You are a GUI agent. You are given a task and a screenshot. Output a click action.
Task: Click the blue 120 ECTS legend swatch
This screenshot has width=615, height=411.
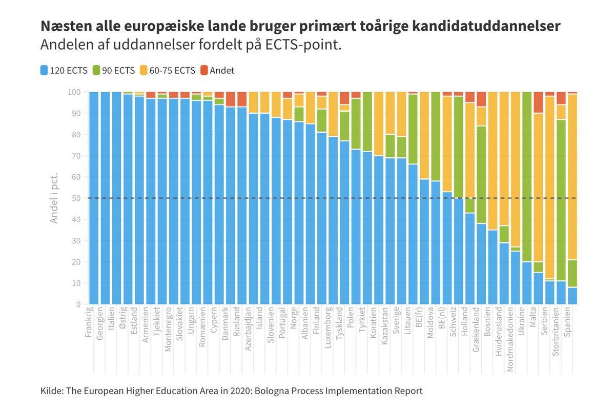tap(44, 71)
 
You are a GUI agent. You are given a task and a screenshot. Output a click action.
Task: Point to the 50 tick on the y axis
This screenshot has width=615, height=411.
tap(75, 198)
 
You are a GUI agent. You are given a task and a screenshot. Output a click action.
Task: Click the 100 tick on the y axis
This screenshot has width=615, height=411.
tap(73, 92)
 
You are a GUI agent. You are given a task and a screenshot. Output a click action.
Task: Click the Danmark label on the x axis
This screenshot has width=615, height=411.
tap(225, 323)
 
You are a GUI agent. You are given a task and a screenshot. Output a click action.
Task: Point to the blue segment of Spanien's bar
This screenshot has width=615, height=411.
tap(572, 296)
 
